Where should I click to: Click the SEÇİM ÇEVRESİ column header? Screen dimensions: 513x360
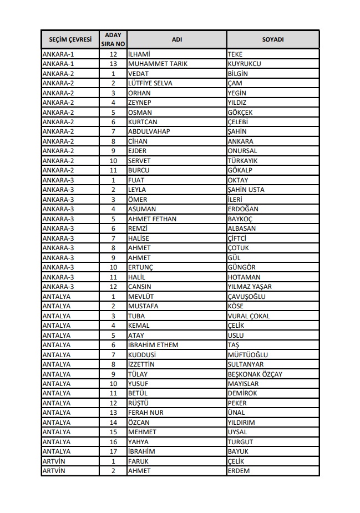pyautogui.click(x=70, y=40)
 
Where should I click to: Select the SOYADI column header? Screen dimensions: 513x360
pyautogui.click(x=273, y=40)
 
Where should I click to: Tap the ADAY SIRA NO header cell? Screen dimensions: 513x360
pyautogui.click(x=113, y=40)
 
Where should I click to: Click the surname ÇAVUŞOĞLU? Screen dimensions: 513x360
pyautogui.click(x=247, y=297)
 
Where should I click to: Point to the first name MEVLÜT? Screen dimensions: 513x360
pyautogui.click(x=141, y=297)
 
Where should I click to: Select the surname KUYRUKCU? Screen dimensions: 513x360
pyautogui.click(x=244, y=64)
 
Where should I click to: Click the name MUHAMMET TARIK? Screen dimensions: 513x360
pyautogui.click(x=158, y=64)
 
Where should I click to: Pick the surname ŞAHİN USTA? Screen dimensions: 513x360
pyautogui.click(x=246, y=190)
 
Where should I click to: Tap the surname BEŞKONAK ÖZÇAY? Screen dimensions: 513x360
pyautogui.click(x=255, y=374)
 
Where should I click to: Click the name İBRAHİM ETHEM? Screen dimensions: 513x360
pyautogui.click(x=153, y=345)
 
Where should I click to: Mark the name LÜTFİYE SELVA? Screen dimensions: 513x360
pyautogui.click(x=150, y=83)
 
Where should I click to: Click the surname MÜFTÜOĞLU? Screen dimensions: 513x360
pyautogui.click(x=248, y=355)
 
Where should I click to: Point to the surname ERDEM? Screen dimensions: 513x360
pyautogui.click(x=239, y=471)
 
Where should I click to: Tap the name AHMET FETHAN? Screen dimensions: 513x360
pyautogui.click(x=152, y=219)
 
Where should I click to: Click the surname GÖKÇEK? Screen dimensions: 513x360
pyautogui.click(x=241, y=113)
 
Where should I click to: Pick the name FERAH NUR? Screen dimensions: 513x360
pyautogui.click(x=145, y=413)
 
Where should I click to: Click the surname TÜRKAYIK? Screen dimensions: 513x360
pyautogui.click(x=243, y=161)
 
